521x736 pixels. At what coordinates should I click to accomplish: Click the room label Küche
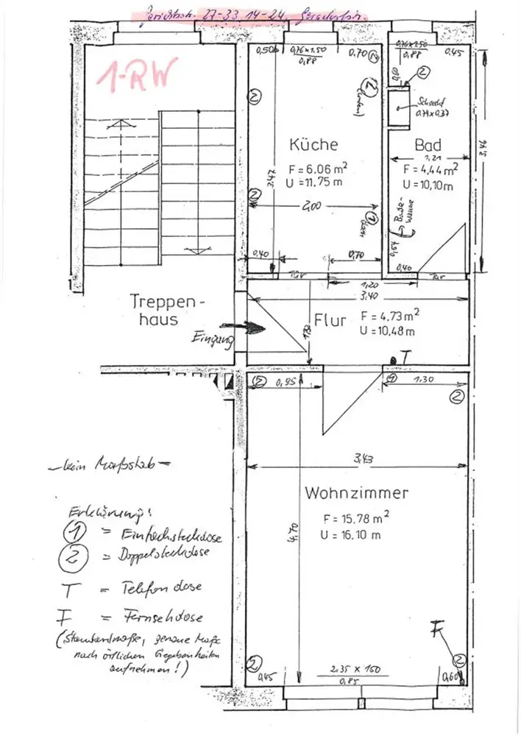pyautogui.click(x=313, y=145)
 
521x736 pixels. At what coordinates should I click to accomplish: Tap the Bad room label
pyautogui.click(x=428, y=145)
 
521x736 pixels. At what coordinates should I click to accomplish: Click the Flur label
pyautogui.click(x=330, y=321)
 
